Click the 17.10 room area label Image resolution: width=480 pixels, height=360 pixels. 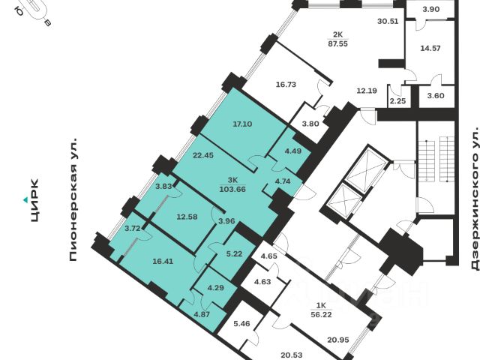(241, 124)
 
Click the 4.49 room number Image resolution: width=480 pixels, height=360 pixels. (291, 150)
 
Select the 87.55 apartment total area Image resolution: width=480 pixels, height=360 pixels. (337, 43)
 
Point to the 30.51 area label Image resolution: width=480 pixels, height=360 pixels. (387, 22)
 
